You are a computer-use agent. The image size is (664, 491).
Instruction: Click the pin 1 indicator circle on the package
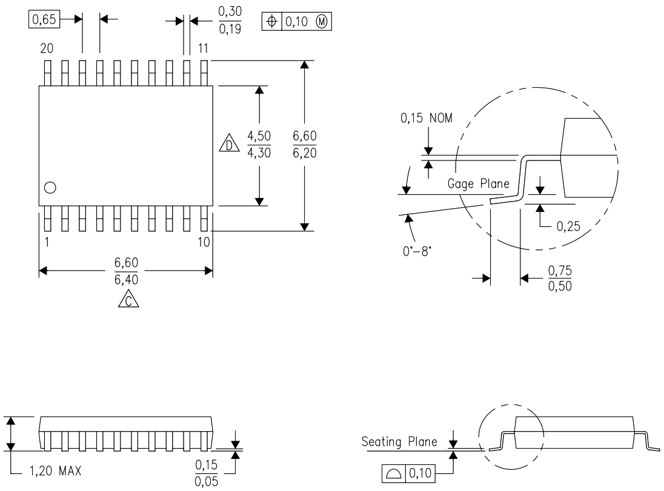(x=50, y=188)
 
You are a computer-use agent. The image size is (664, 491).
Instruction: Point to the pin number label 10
(x=204, y=242)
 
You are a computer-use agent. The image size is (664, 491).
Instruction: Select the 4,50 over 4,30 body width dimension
(x=259, y=145)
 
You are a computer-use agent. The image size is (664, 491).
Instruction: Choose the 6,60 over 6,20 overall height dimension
(x=304, y=145)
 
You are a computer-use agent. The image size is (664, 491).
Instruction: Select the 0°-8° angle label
(x=417, y=250)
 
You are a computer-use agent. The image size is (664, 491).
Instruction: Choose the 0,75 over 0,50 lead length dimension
(x=559, y=278)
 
